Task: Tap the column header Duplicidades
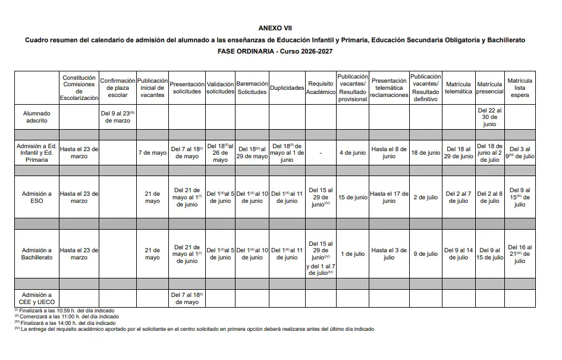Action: [287, 87]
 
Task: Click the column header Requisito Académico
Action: [321, 87]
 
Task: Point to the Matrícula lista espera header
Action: [520, 87]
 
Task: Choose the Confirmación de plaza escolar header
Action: [118, 87]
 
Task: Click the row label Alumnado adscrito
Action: [37, 117]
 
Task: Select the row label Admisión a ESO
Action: [37, 198]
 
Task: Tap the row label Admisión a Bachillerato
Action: [37, 254]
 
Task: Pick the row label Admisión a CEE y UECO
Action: [37, 298]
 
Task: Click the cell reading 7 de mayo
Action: [152, 153]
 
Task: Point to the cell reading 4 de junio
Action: [353, 153]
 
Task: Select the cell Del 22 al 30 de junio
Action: [490, 117]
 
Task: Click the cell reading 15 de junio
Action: [353, 198]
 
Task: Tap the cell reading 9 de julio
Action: [426, 254]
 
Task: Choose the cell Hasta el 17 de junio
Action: [389, 198]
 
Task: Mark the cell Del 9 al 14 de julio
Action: [459, 254]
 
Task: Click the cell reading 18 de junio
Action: [426, 153]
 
